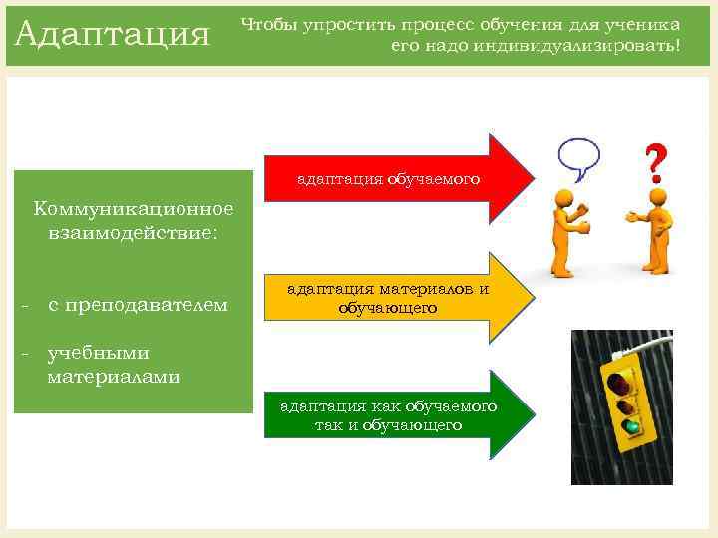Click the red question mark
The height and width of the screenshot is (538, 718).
pyautogui.click(x=655, y=159)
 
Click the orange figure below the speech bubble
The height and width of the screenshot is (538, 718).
pyautogui.click(x=569, y=229)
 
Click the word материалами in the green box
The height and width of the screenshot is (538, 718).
pyautogui.click(x=113, y=376)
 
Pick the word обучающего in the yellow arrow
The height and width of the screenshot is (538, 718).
pyautogui.click(x=388, y=309)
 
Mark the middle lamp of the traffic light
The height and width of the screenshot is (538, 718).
pyautogui.click(x=625, y=404)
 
